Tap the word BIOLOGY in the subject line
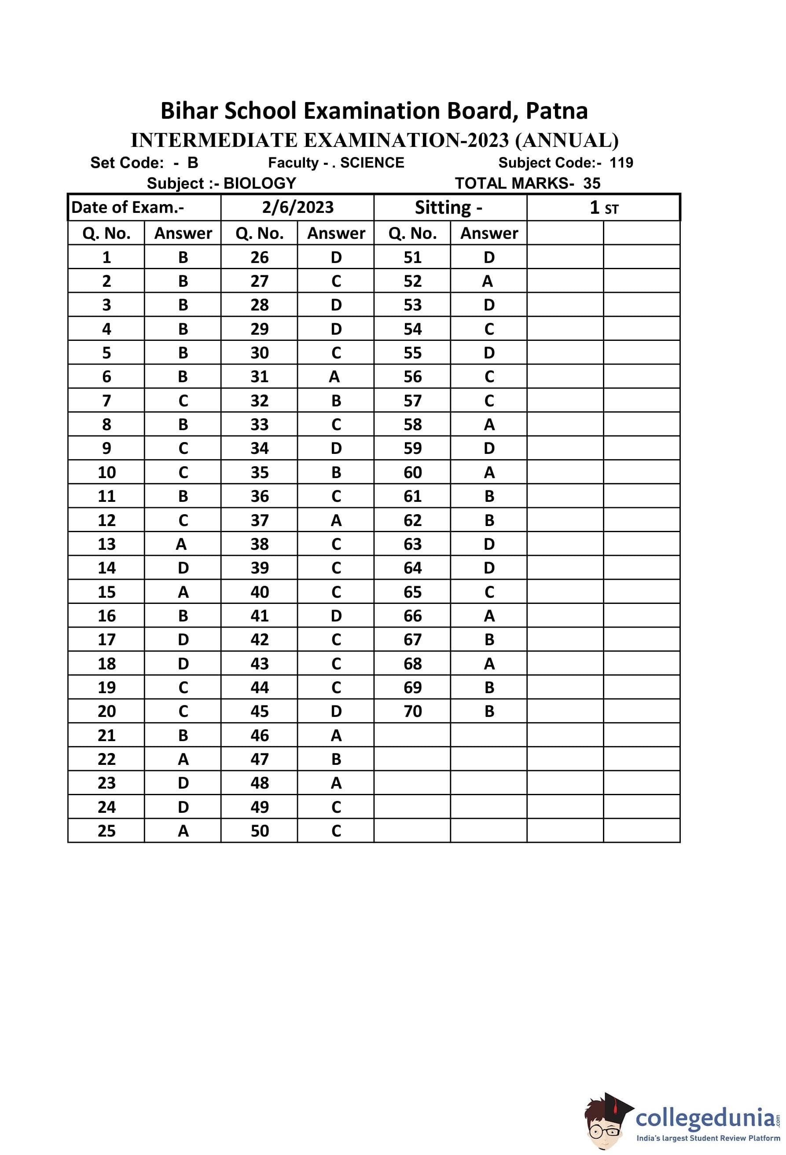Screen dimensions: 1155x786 [x=260, y=183]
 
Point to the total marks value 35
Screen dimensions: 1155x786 [x=591, y=183]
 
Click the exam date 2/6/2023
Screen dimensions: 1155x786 [x=298, y=207]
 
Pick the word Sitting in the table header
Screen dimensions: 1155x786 [x=442, y=207]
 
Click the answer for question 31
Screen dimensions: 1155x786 [x=334, y=377]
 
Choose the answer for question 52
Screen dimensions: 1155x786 [x=488, y=281]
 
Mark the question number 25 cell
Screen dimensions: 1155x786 [x=107, y=831]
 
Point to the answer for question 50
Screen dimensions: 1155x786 [x=336, y=831]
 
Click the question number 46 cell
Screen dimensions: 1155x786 [x=260, y=735]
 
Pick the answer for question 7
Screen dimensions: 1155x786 [x=183, y=401]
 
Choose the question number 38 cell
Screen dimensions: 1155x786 [x=260, y=544]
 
